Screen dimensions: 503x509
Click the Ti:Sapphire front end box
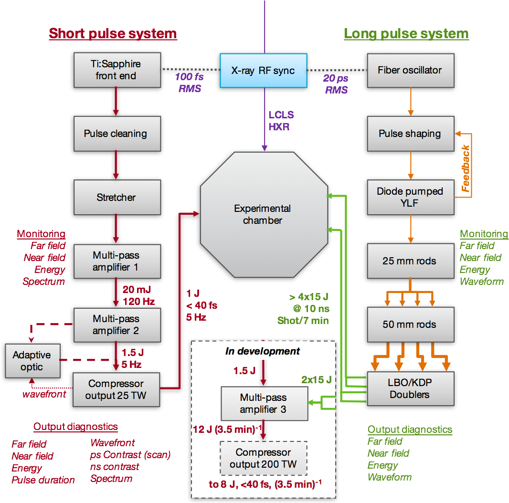click(116, 70)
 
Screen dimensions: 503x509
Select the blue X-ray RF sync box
click(263, 71)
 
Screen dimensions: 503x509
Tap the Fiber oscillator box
click(410, 70)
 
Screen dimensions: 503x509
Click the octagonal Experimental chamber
click(263, 214)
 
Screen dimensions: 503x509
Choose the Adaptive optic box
click(32, 361)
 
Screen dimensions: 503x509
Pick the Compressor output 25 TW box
click(116, 389)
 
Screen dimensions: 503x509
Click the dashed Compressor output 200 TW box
click(263, 458)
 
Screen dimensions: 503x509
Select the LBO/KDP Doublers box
click(410, 388)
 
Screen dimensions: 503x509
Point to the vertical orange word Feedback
click(466, 168)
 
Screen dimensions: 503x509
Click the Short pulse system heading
click(113, 33)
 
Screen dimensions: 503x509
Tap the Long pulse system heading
click(406, 33)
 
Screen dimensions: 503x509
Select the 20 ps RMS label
click(336, 84)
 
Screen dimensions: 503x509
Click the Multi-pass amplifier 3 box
click(263, 403)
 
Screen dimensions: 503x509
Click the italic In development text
click(263, 351)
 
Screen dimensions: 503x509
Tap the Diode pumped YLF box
click(410, 197)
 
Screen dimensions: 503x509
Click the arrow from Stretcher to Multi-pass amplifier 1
click(116, 229)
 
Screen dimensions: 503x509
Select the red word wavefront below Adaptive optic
click(44, 394)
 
